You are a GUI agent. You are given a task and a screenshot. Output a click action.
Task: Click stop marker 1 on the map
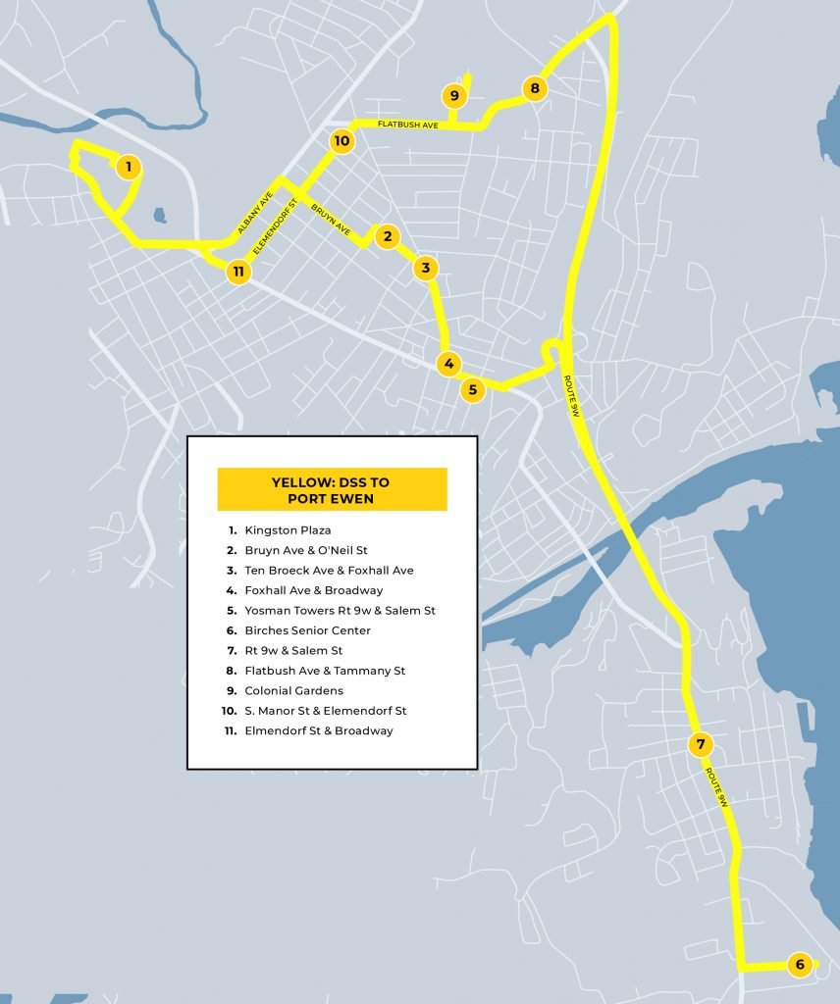(x=128, y=167)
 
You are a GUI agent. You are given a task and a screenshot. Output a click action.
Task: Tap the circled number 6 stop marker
(x=800, y=965)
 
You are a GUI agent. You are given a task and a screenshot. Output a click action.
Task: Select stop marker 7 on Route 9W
(x=700, y=744)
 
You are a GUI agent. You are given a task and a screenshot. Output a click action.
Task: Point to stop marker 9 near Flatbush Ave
(x=453, y=96)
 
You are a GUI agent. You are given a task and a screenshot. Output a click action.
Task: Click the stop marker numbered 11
(x=238, y=272)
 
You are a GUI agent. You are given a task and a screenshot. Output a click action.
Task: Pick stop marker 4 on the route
(x=448, y=364)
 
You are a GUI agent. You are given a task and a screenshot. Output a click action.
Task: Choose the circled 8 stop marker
(x=534, y=89)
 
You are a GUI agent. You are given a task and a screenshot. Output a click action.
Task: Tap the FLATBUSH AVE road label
(x=407, y=125)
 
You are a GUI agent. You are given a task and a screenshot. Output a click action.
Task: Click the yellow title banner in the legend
(x=332, y=489)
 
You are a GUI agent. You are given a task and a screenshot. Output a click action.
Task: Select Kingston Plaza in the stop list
(x=288, y=530)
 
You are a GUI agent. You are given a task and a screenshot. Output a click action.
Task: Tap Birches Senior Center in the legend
(x=307, y=630)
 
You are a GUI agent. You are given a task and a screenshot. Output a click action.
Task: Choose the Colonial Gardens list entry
(x=293, y=691)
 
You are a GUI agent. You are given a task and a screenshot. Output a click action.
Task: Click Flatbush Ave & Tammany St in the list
(x=325, y=671)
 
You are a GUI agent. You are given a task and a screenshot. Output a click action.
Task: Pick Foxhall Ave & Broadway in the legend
(x=313, y=590)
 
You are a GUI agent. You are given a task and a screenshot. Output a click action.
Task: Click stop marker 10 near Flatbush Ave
(x=341, y=141)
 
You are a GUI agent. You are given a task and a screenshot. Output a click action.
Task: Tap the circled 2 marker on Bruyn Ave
(x=388, y=236)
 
